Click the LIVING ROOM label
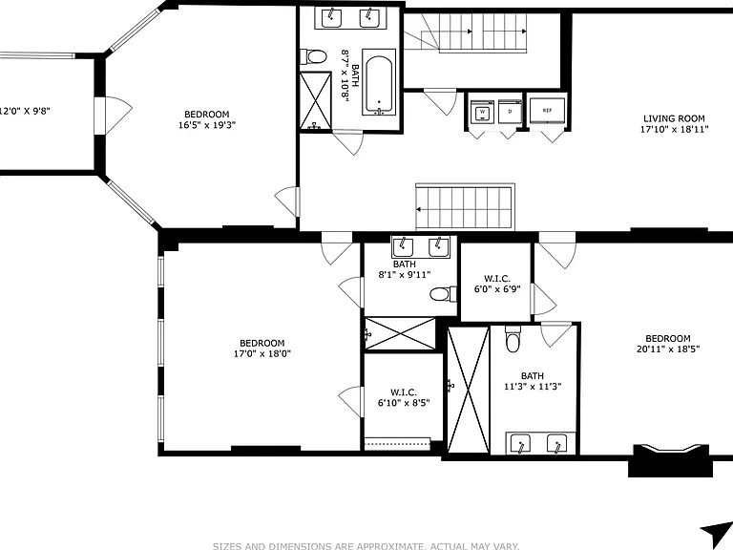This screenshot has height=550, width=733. pyautogui.click(x=674, y=118)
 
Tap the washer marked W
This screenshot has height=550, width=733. pyautogui.click(x=481, y=112)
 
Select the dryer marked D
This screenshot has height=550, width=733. pyautogui.click(x=510, y=112)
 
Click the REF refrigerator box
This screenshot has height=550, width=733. pyautogui.click(x=547, y=111)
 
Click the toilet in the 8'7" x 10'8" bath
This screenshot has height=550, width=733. pyautogui.click(x=313, y=57)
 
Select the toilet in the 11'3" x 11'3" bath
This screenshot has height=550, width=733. pyautogui.click(x=513, y=339)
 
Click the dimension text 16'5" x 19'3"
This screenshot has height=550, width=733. pyautogui.click(x=206, y=125)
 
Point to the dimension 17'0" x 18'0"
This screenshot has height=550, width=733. pyautogui.click(x=262, y=353)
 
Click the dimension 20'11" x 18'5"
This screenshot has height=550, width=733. pyautogui.click(x=668, y=349)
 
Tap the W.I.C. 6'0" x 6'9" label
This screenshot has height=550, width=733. pyautogui.click(x=497, y=285)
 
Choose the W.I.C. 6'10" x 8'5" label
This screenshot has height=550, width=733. pyautogui.click(x=404, y=397)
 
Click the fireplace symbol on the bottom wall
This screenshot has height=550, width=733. pyautogui.click(x=671, y=459)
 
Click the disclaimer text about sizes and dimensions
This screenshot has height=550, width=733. pyautogui.click(x=366, y=546)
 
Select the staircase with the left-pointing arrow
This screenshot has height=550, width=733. pyautogui.click(x=465, y=207)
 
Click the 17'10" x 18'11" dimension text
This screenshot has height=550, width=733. pyautogui.click(x=674, y=129)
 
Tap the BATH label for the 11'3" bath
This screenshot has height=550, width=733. pyautogui.click(x=533, y=376)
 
